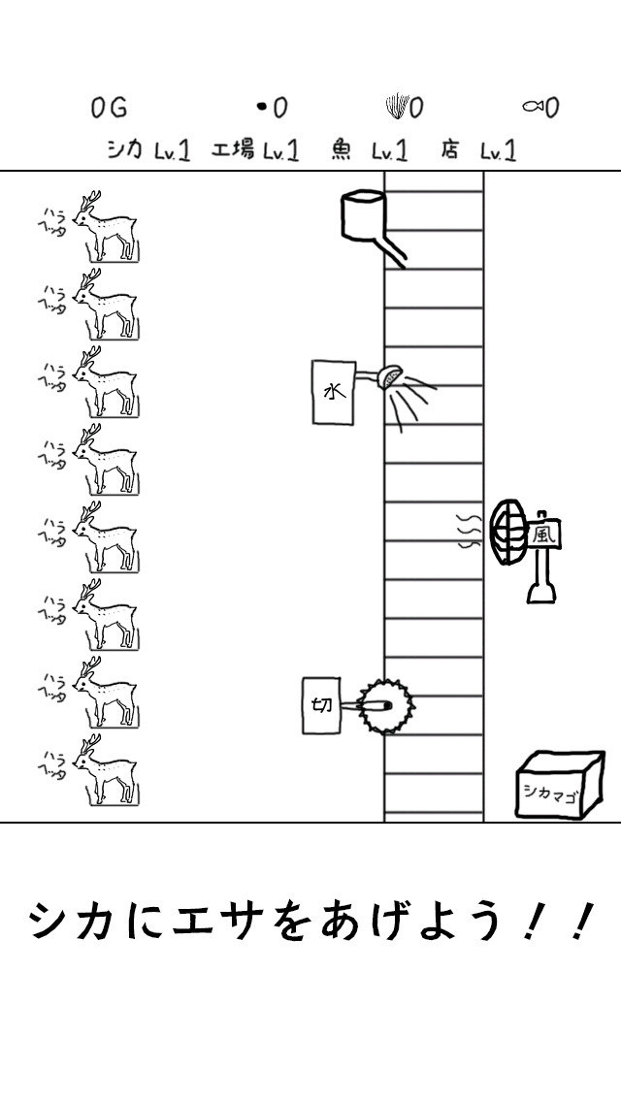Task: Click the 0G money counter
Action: pos(109,109)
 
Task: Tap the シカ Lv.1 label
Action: pos(148,150)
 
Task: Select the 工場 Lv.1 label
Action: pos(255,150)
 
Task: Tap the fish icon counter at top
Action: pos(540,109)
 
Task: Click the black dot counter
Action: pos(272,109)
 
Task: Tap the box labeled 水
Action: pos(334,392)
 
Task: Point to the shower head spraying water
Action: pos(390,376)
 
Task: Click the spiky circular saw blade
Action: pos(384,706)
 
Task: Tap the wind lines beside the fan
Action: pos(470,531)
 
